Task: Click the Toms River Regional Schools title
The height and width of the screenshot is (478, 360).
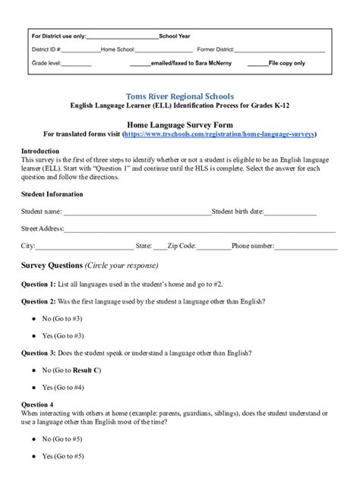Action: [179, 97]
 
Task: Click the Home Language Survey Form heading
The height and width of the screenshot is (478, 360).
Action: [179, 123]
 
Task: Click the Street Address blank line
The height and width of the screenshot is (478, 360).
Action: [199, 228]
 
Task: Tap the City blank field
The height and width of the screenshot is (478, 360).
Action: [84, 246]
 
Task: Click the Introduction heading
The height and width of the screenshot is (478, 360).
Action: [39, 151]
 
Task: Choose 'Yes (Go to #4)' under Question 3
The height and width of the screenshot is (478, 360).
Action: [63, 387]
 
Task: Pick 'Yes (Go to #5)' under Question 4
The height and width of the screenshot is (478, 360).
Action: [63, 456]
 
